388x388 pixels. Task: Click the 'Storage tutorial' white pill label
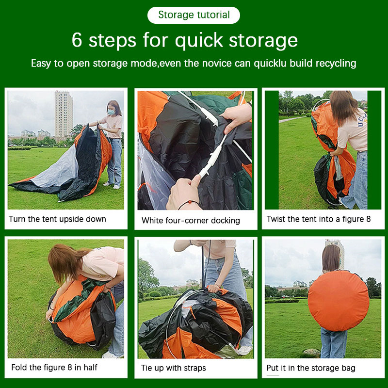pyautogui.click(x=194, y=15)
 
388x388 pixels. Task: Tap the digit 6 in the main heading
pyautogui.click(x=77, y=40)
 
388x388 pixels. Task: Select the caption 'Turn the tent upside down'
pyautogui.click(x=57, y=219)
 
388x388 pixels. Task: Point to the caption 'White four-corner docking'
pyautogui.click(x=191, y=221)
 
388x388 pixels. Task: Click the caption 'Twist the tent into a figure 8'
pyautogui.click(x=319, y=219)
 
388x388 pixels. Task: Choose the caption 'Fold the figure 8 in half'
pyautogui.click(x=54, y=368)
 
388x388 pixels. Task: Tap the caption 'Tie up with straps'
pyautogui.click(x=174, y=368)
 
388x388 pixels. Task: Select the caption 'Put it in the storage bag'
pyautogui.click(x=311, y=368)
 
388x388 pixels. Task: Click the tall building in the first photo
pyautogui.click(x=64, y=114)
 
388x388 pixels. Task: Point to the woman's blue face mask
pyautogui.click(x=112, y=113)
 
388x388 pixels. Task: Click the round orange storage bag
pyautogui.click(x=339, y=301)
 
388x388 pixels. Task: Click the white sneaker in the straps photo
pyautogui.click(x=244, y=350)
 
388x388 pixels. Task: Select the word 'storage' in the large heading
pyautogui.click(x=263, y=41)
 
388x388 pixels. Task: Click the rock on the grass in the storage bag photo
pyautogui.click(x=312, y=352)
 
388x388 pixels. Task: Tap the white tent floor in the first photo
pyautogui.click(x=56, y=169)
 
